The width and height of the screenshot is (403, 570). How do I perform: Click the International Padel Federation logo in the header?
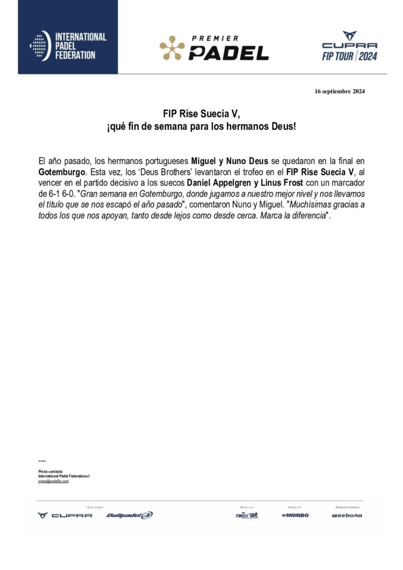click(x=67, y=46)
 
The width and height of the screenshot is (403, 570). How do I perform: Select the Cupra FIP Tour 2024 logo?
click(x=350, y=47)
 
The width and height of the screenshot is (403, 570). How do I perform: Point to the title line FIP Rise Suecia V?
click(x=202, y=114)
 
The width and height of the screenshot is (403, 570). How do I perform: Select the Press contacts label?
click(x=51, y=471)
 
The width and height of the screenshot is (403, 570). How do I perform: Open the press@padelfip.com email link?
click(x=53, y=481)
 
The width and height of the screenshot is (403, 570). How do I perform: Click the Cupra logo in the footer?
click(x=65, y=515)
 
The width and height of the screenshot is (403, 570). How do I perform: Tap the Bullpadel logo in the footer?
click(x=129, y=515)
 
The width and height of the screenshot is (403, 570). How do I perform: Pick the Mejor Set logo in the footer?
click(x=247, y=515)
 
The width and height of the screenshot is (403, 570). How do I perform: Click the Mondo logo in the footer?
click(x=295, y=515)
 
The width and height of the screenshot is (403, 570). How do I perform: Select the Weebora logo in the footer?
click(x=347, y=515)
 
